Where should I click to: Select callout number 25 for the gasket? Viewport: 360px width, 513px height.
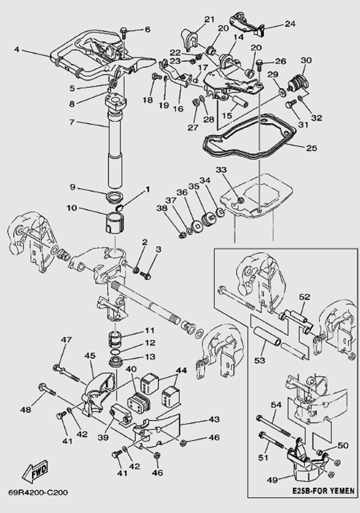coord(311,148)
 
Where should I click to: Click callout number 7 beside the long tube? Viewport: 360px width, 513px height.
coord(72,123)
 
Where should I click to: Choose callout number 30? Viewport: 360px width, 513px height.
coord(306,60)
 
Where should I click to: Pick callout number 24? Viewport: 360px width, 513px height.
coord(291,24)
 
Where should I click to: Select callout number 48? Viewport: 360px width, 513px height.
coord(26,410)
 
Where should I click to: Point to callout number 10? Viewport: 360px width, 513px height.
coord(72,208)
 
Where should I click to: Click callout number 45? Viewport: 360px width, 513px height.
coord(90,355)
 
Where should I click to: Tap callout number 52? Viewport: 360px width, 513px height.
coord(304,297)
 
